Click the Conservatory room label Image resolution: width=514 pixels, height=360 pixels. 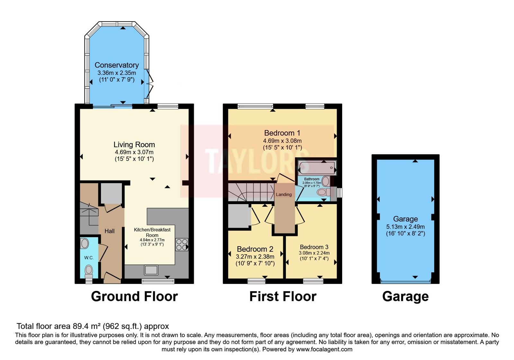(x=117, y=65)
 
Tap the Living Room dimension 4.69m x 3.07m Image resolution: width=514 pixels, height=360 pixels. (x=134, y=152)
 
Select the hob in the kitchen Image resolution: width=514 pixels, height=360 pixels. (x=182, y=245)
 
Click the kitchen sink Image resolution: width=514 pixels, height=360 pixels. (x=151, y=270)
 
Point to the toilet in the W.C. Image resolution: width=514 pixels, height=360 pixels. (x=89, y=272)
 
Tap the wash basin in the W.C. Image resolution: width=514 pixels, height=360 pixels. (x=85, y=244)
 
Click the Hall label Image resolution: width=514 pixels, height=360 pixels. (x=110, y=231)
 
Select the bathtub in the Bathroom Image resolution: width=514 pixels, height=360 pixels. (x=317, y=168)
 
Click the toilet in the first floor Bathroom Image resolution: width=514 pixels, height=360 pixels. (x=323, y=192)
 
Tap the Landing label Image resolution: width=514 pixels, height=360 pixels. (x=284, y=194)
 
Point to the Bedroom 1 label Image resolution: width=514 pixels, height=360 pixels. (x=282, y=133)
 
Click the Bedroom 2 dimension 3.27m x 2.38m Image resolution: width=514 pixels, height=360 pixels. (x=255, y=256)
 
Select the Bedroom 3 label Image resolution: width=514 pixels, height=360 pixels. (x=314, y=247)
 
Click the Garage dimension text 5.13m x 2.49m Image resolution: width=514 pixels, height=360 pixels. (x=405, y=227)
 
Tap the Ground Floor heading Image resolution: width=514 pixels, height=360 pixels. (x=135, y=296)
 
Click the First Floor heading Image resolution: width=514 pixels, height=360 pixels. (x=283, y=296)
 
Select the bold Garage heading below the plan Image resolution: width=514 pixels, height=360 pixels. (x=405, y=297)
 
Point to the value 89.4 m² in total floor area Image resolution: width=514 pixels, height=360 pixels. (x=87, y=326)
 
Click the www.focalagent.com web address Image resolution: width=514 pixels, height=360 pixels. (x=324, y=349)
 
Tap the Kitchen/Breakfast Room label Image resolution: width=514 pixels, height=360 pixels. (x=152, y=232)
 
